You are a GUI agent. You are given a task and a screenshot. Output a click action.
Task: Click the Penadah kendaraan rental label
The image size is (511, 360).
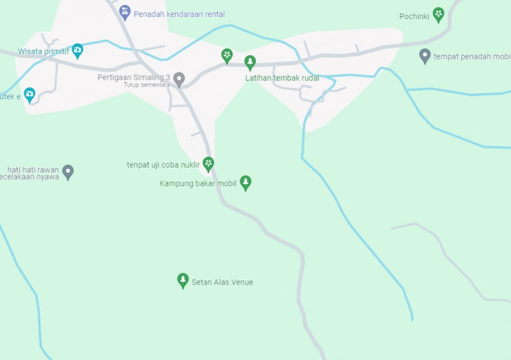pyautogui.click(x=179, y=14)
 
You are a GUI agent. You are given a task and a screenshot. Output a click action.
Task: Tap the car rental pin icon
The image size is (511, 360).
pyautogui.click(x=125, y=12)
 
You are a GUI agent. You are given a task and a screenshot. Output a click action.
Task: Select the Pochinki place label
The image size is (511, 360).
pyautogui.click(x=414, y=16)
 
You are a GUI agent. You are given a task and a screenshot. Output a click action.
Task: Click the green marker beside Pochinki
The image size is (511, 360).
pyautogui.click(x=439, y=14)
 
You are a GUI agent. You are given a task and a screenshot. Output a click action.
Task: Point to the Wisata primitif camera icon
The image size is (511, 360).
pyautogui.click(x=77, y=50)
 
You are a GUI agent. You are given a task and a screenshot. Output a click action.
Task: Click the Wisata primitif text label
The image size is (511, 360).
pyautogui.click(x=44, y=51)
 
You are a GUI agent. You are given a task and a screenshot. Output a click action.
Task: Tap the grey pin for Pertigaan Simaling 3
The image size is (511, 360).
pyautogui.click(x=180, y=79)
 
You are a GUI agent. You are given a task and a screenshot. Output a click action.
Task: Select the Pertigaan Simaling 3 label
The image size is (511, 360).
pyautogui.click(x=134, y=77)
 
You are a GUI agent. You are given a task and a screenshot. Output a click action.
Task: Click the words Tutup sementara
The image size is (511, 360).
pyautogui.click(x=147, y=85)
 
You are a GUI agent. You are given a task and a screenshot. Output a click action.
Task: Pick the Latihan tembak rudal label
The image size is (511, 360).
pyautogui.click(x=282, y=78)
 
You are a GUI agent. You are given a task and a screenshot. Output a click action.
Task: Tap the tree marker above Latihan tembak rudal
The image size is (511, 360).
pyautogui.click(x=250, y=62)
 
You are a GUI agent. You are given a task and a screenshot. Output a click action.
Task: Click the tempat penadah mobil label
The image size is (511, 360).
pyautogui.click(x=472, y=57)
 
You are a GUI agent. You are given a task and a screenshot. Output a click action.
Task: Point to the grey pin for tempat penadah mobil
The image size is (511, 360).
pyautogui.click(x=425, y=55)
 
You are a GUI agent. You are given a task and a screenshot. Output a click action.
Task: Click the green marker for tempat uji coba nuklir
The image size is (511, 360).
pyautogui.click(x=208, y=164)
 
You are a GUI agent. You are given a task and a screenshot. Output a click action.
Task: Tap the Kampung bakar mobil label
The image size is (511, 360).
pyautogui.click(x=198, y=183)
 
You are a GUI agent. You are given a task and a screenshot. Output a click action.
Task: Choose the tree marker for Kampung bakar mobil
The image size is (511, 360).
pyautogui.click(x=246, y=182)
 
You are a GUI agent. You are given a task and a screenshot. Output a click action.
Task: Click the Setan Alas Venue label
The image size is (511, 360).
pyautogui.click(x=222, y=283)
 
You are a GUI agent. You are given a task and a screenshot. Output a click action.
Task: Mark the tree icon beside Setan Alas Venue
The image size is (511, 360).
pyautogui.click(x=183, y=280)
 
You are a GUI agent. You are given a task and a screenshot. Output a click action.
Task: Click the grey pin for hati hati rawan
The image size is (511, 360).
pyautogui.click(x=68, y=171)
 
